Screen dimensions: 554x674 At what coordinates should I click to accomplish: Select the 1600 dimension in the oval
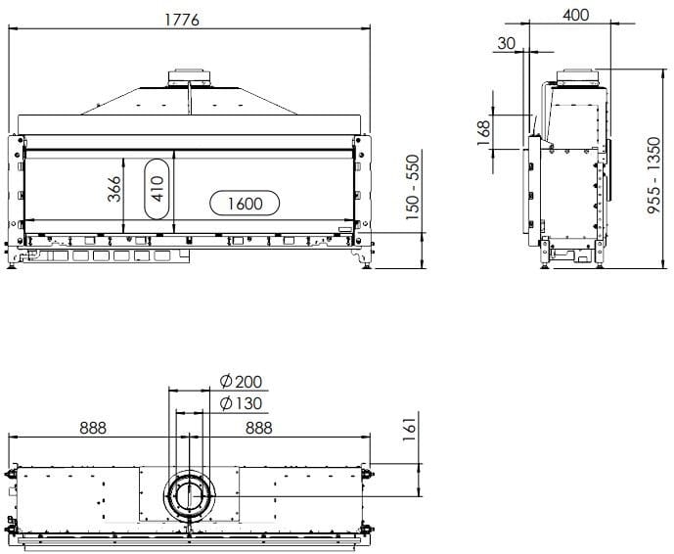coord(245,204)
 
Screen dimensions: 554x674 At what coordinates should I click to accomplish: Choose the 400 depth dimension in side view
coord(576,15)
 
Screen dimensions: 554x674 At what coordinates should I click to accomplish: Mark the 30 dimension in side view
coord(506,44)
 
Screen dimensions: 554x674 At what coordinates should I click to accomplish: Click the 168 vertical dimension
coord(483,132)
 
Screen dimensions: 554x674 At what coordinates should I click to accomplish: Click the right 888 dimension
coord(259,428)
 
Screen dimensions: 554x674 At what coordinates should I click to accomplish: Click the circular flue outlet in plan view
coord(191,496)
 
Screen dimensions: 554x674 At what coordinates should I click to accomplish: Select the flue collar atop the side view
coord(577,76)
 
